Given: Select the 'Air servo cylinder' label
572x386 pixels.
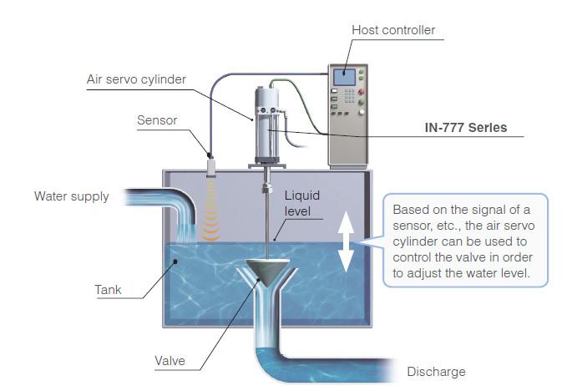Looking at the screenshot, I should pyautogui.click(x=136, y=80).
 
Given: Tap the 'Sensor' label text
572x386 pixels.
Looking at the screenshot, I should pyautogui.click(x=157, y=120).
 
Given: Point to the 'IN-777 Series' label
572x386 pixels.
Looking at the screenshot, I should pyautogui.click(x=465, y=129).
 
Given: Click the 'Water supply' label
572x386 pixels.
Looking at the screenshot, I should pyautogui.click(x=71, y=197).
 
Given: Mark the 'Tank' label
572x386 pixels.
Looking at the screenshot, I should pyautogui.click(x=107, y=291).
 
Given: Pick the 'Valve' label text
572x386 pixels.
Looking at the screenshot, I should pyautogui.click(x=170, y=362).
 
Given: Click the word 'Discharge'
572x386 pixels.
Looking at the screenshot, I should pyautogui.click(x=436, y=372).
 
